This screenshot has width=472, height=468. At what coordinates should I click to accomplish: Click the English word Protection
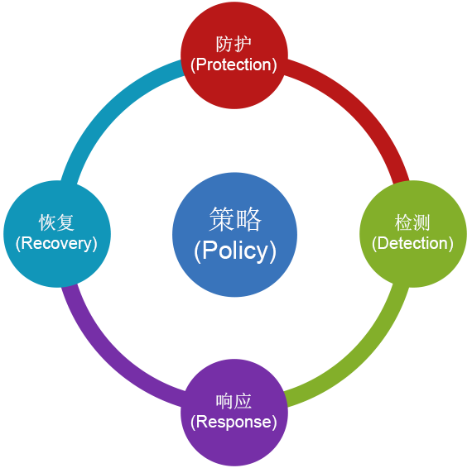[x=234, y=64]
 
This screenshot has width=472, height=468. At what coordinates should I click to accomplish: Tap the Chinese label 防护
[x=234, y=44]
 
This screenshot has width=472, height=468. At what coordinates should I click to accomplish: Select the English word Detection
[x=412, y=243]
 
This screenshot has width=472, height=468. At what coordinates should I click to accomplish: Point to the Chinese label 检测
[x=412, y=222]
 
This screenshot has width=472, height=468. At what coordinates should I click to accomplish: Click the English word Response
[x=234, y=422]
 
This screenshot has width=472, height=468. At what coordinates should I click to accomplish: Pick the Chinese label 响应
[x=234, y=401]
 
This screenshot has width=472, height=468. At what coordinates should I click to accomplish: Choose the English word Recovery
[x=56, y=244]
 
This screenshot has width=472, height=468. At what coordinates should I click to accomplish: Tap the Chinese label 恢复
[x=56, y=222]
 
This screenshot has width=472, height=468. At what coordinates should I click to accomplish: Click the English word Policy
[x=235, y=251]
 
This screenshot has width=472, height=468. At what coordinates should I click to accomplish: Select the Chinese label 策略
[x=235, y=219]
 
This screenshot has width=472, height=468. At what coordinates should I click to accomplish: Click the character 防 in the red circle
[x=224, y=44]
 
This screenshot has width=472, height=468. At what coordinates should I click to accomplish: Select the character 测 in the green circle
[x=421, y=222]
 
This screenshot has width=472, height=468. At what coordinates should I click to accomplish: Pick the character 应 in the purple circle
[x=243, y=401]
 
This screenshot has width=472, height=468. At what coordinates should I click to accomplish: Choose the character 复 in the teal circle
[x=65, y=222]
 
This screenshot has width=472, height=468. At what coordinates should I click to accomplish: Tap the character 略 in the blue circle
[x=248, y=219]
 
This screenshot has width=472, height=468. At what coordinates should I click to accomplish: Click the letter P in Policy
[x=210, y=249]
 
